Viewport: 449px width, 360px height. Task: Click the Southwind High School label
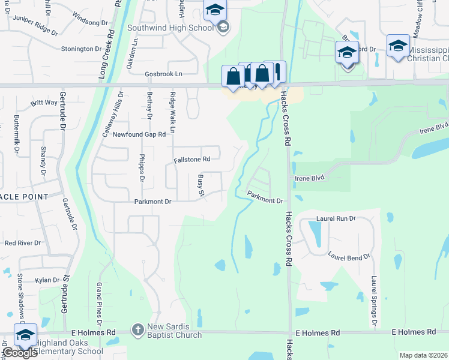click(170, 28)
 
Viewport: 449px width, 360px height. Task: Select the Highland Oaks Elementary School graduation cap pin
click(25, 335)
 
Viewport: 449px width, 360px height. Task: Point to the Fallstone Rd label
click(191, 160)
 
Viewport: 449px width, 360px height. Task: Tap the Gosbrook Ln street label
click(163, 74)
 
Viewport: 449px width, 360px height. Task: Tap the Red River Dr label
click(22, 243)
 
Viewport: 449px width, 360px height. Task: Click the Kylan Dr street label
click(47, 280)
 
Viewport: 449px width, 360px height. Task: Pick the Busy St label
click(201, 185)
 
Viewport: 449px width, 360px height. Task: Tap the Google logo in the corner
click(19, 353)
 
